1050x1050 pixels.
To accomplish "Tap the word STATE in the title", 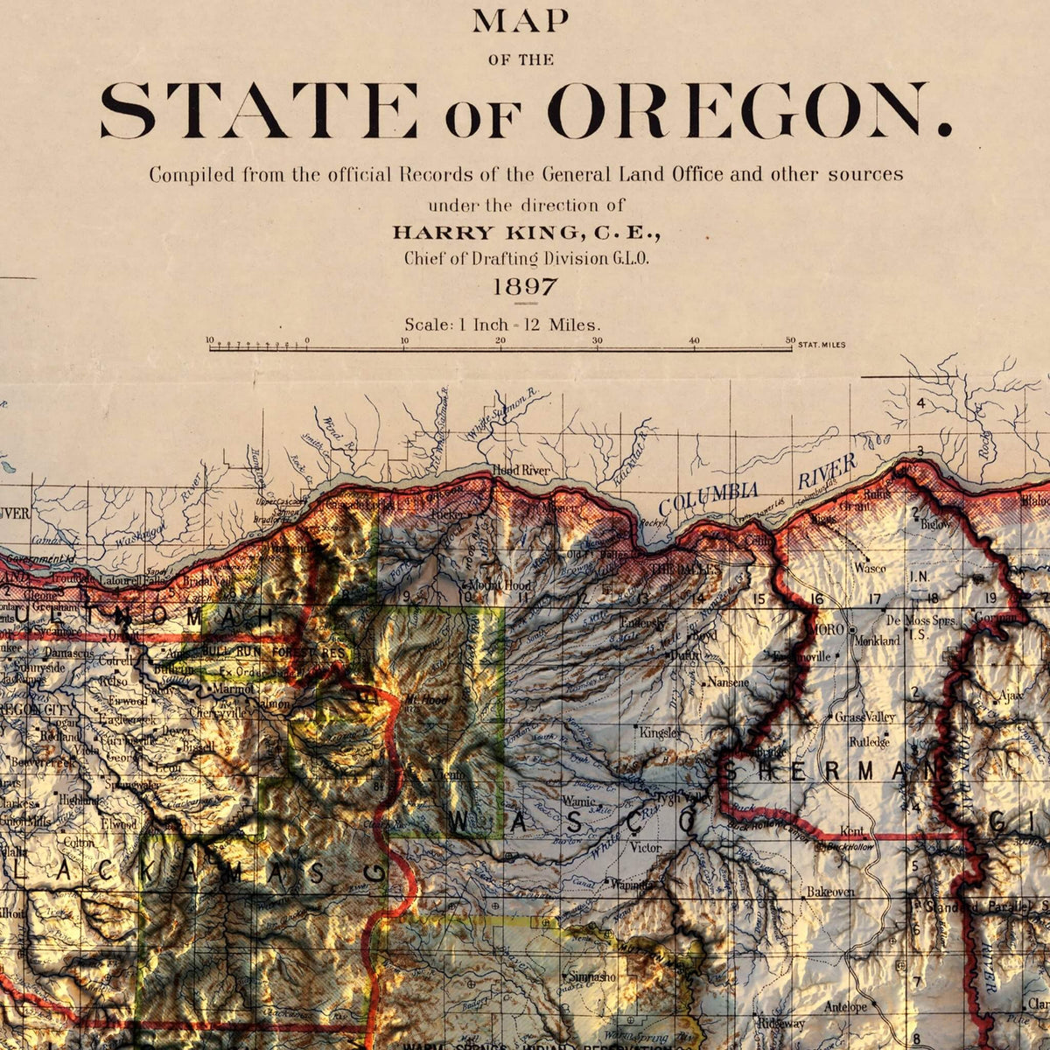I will pyautogui.click(x=258, y=111).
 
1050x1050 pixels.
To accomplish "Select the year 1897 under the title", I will pyautogui.click(x=525, y=286).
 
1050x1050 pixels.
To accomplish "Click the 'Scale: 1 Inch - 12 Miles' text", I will pyautogui.click(x=502, y=324).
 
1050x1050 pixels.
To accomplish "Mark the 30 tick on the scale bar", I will pyautogui.click(x=598, y=340).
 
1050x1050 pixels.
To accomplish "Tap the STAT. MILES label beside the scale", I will pyautogui.click(x=822, y=345).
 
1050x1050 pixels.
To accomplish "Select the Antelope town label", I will pyautogui.click(x=845, y=1007).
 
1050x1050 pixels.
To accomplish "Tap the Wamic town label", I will pyautogui.click(x=578, y=801).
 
